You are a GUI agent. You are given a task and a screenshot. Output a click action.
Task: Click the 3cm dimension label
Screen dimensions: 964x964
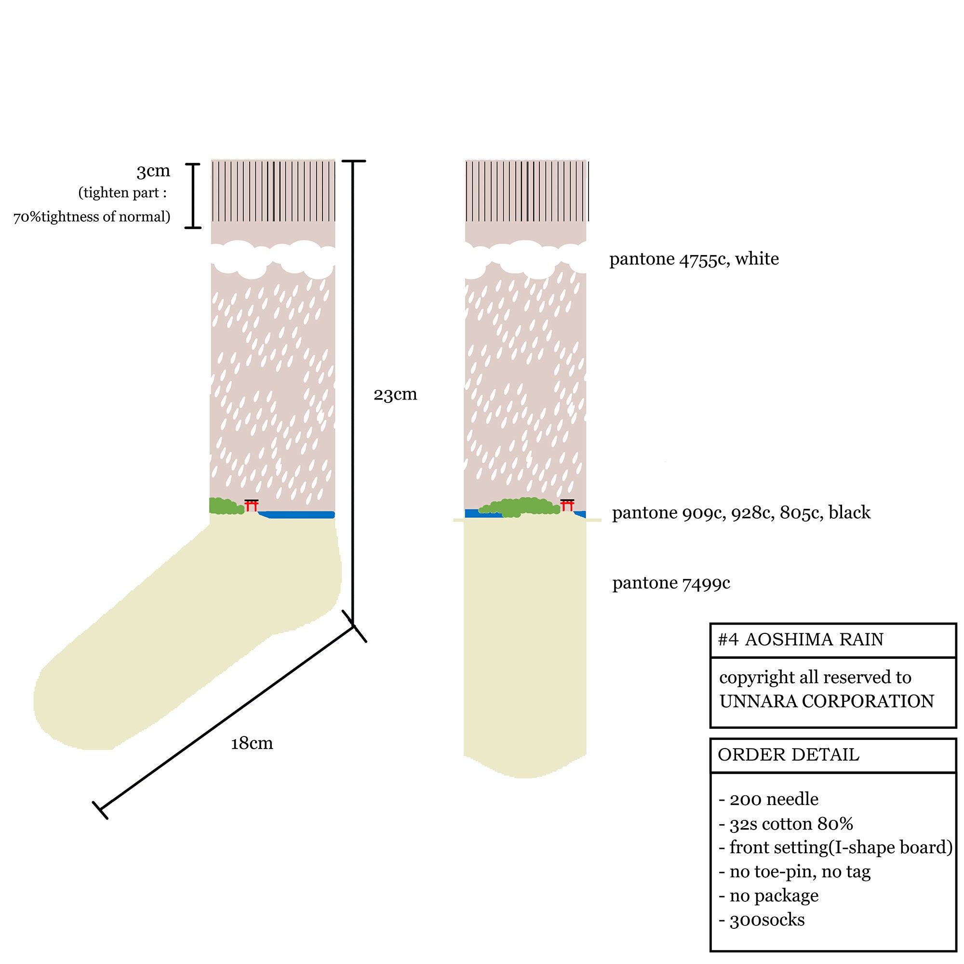[x=154, y=171]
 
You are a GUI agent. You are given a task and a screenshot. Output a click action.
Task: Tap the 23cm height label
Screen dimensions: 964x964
[x=395, y=395]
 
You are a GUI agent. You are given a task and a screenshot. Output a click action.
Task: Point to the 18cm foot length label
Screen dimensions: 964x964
[x=252, y=743]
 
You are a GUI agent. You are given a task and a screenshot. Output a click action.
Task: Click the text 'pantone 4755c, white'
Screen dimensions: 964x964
[x=694, y=259]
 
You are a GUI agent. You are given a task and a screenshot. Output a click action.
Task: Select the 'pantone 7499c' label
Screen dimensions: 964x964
[x=671, y=583]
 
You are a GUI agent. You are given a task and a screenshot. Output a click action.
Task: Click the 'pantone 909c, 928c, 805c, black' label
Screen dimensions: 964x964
[x=741, y=513]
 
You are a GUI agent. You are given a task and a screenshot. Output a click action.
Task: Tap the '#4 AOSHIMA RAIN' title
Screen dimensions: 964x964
[x=800, y=640]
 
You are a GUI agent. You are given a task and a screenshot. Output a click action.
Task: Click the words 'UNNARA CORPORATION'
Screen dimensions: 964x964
[x=827, y=701]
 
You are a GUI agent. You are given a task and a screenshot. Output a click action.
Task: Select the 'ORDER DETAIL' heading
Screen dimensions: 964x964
[x=789, y=755]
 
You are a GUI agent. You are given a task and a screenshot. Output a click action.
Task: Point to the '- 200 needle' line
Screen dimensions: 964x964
[x=768, y=799]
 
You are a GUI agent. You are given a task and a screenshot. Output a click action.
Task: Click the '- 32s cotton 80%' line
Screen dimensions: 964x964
[x=786, y=824]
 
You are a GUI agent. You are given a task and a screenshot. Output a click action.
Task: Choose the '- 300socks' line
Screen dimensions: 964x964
[x=762, y=920]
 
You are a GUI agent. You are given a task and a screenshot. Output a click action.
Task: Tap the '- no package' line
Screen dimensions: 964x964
[x=768, y=896]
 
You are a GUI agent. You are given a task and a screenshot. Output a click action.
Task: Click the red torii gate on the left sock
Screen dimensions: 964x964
[x=252, y=506]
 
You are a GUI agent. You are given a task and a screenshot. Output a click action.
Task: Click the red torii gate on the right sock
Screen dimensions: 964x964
[x=567, y=505]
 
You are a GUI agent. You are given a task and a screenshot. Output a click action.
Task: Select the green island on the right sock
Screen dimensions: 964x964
[x=519, y=507]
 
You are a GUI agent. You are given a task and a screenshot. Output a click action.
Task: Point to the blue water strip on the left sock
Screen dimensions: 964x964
[x=296, y=515]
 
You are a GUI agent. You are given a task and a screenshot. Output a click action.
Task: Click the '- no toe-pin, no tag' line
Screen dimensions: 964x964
[x=794, y=872]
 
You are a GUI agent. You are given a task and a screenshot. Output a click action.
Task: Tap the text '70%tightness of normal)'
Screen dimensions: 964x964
[x=92, y=217]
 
